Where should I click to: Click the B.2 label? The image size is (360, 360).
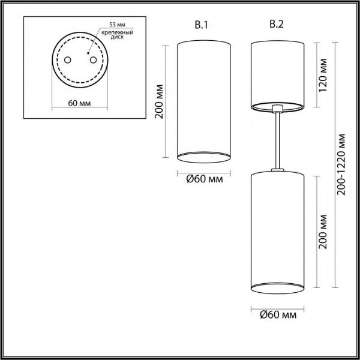[277, 25]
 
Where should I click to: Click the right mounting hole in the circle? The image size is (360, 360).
[92, 59]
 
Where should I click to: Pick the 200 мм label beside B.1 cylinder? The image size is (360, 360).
[160, 100]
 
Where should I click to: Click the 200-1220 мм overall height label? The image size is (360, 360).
[342, 163]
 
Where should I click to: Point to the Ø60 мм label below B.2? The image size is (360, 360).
[277, 314]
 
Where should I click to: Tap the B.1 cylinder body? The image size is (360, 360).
[203, 96]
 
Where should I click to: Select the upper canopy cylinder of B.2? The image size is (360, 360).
[277, 73]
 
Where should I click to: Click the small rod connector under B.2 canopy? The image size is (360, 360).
[277, 109]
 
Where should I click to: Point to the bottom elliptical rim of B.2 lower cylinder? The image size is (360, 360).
[277, 290]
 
